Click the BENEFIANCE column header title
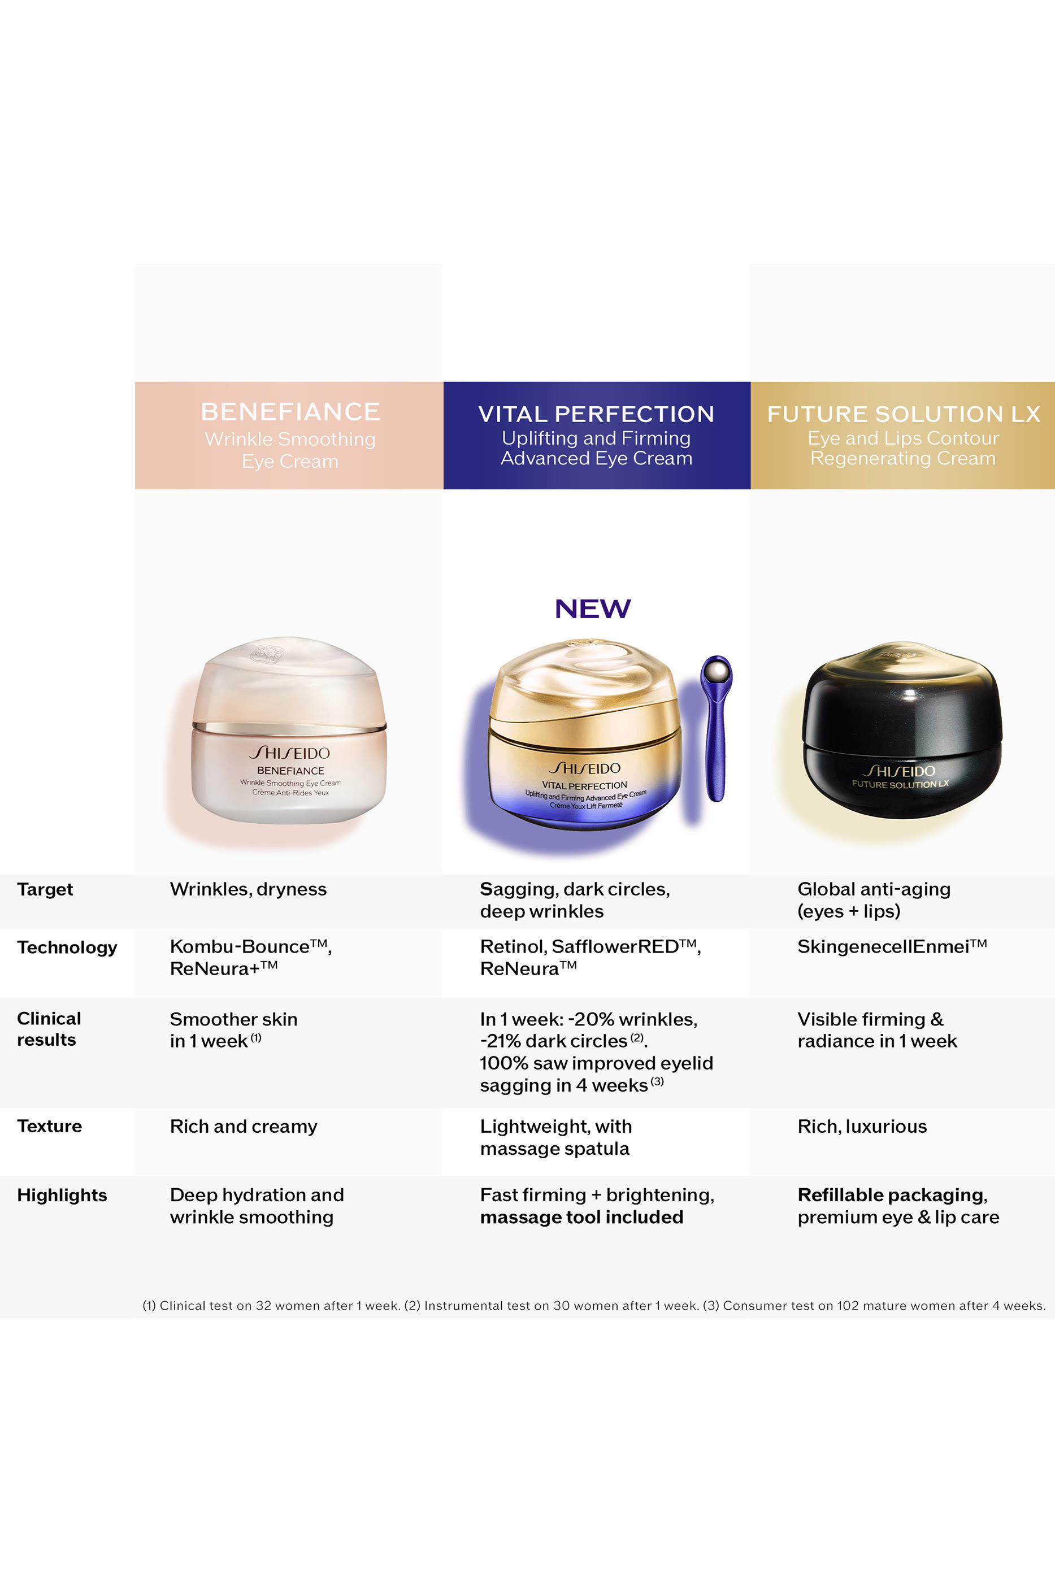pos(290,412)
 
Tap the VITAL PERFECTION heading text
pos(596,414)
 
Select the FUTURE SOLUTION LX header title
pos(904,414)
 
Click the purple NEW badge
pos(593,609)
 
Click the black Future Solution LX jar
pos(902,733)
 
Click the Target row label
pos(45,889)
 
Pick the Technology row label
pos(67,947)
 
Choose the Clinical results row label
pos(49,1029)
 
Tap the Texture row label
pos(49,1126)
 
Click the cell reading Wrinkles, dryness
pos(248,889)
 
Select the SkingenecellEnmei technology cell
pos(892,946)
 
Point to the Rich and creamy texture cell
pos(244,1126)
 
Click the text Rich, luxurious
pos(862,1126)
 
